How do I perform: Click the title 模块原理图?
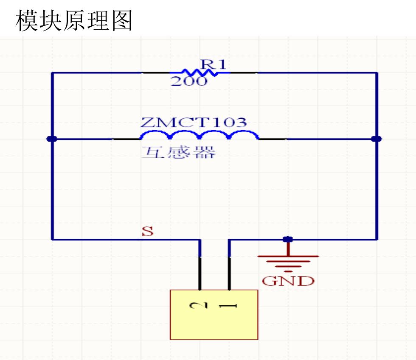click(74, 20)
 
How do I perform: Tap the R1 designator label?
click(213, 64)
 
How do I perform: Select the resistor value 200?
click(188, 81)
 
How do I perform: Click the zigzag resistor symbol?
click(200, 73)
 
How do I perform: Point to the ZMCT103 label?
click(194, 122)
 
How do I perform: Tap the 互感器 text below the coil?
click(179, 152)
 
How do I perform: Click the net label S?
click(148, 231)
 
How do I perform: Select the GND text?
click(288, 281)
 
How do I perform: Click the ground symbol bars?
click(288, 264)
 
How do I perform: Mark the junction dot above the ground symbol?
click(288, 240)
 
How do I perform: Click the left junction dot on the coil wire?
click(52, 139)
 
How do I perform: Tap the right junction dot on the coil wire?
click(376, 139)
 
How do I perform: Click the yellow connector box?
click(214, 315)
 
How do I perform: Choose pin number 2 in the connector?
click(199, 306)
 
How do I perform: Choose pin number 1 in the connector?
click(228, 306)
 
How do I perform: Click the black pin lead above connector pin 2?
click(200, 273)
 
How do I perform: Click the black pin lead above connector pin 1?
click(229, 273)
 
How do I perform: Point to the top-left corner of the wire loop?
click(52, 73)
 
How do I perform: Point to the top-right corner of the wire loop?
click(377, 73)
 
